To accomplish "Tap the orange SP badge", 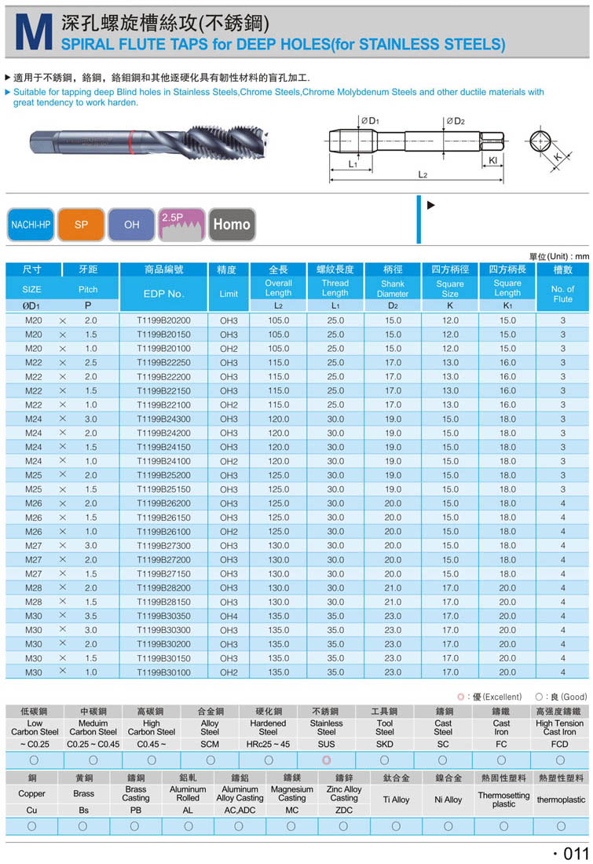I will coord(82,225).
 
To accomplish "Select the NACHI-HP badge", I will coord(30,225).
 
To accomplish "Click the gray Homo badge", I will coord(232,224).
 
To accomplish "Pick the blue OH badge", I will coord(132,225).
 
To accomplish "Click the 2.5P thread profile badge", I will coord(181,224).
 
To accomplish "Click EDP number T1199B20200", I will coord(163,320).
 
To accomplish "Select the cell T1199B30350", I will coord(163,616).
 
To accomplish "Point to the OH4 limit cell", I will coord(229,616).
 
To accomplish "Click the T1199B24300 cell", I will coord(163,419).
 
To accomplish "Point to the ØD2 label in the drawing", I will coord(456,121).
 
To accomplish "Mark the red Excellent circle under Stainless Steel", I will coord(326,760).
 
